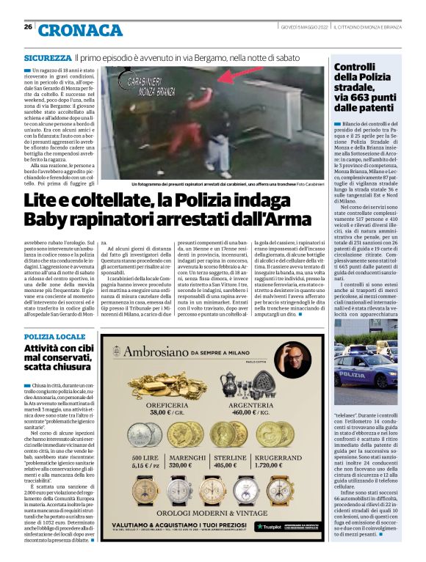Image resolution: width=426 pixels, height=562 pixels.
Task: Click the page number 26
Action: click(x=28, y=27)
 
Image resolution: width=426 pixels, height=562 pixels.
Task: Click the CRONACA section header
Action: click(x=80, y=30)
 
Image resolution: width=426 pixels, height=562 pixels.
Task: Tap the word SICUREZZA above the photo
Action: click(x=47, y=57)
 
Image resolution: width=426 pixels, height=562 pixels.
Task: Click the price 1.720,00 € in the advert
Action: click(x=293, y=466)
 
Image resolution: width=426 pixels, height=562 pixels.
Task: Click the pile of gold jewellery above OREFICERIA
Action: click(x=165, y=384)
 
